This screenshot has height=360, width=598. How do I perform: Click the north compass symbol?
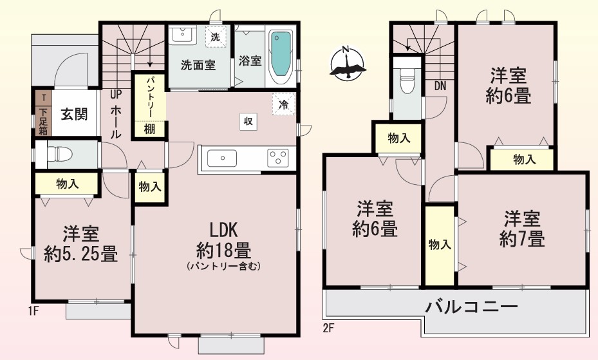347,63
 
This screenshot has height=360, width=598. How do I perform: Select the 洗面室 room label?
198,65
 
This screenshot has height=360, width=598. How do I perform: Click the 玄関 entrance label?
75,114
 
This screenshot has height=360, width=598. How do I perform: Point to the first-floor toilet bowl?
59,154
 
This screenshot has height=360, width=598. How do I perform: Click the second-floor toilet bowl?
406,80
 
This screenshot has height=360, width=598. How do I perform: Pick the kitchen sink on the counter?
221,158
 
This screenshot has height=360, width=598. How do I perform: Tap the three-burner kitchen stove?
277,158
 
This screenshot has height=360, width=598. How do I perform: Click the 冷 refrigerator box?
284,104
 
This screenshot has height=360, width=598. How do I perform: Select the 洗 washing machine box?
216,37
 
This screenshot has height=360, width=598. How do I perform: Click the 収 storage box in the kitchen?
248,122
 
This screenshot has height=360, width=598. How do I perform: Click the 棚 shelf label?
149,129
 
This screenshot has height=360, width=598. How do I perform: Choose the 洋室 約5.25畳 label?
81,245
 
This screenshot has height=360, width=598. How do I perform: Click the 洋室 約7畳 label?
522,229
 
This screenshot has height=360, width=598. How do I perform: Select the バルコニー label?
472,307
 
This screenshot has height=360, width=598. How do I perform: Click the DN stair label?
440,86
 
